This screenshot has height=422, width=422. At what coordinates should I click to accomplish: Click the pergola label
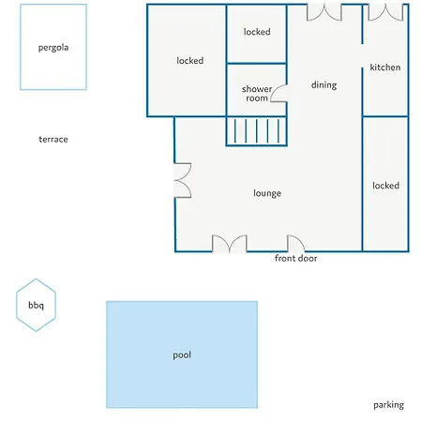pos(53,48)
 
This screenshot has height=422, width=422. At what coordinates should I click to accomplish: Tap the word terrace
pos(53,139)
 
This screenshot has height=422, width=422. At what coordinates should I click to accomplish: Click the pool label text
pos(182,355)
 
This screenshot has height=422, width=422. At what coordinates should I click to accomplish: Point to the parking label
pos(388,405)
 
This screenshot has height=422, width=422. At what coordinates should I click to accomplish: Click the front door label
pos(296,258)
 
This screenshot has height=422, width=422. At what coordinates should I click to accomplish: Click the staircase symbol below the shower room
pos(257,131)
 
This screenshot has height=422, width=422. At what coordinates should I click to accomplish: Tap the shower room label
pos(257,94)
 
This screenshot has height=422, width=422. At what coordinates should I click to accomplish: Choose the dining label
pos(324,85)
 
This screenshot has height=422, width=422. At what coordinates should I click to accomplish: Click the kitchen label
pos(385,68)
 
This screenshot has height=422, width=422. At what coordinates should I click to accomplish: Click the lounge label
pos(267,193)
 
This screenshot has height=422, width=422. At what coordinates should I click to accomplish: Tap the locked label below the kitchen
pos(385,186)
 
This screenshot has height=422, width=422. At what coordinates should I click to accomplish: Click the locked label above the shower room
pos(257,32)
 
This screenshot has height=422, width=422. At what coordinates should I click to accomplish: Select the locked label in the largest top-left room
pos(190,60)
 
